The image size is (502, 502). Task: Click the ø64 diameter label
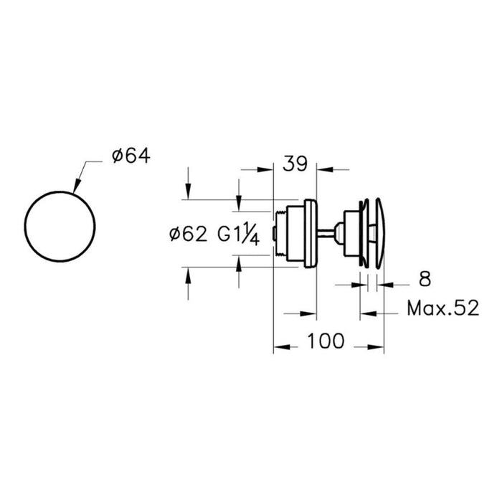click(x=131, y=156)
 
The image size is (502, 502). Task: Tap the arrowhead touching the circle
click(x=77, y=186)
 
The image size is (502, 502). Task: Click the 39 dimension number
click(x=295, y=164)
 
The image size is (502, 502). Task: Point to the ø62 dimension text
click(x=188, y=235)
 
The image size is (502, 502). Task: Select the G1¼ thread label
click(x=238, y=234)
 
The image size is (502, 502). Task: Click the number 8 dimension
click(x=425, y=279)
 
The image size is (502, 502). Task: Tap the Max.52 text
click(x=443, y=308)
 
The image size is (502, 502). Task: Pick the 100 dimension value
click(x=326, y=341)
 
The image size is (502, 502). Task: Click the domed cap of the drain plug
click(x=380, y=233)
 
